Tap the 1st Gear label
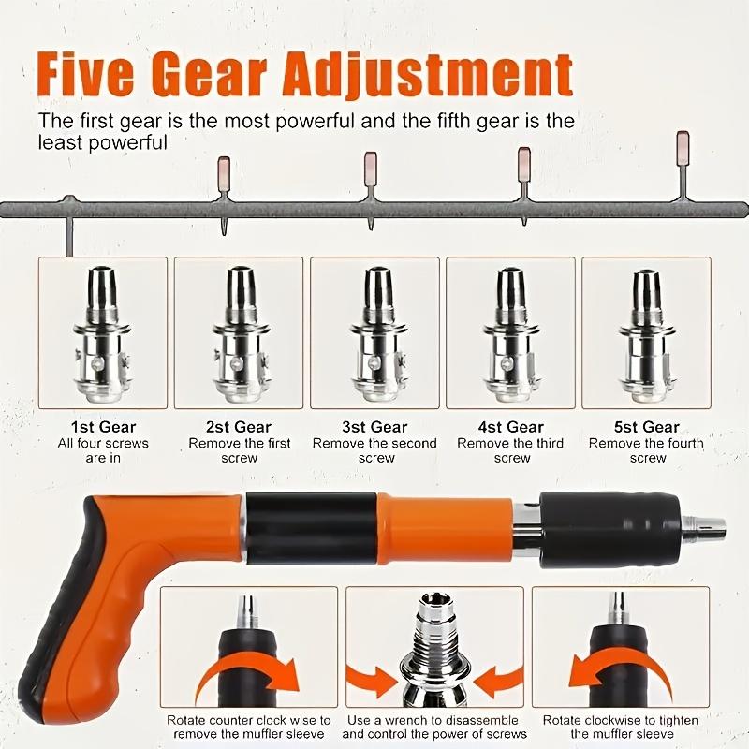point(103,427)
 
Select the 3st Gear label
point(374,427)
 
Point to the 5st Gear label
point(648,427)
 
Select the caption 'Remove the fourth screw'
point(648,450)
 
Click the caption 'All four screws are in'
point(103,450)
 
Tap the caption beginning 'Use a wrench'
point(434,727)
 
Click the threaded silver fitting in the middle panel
point(434,646)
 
